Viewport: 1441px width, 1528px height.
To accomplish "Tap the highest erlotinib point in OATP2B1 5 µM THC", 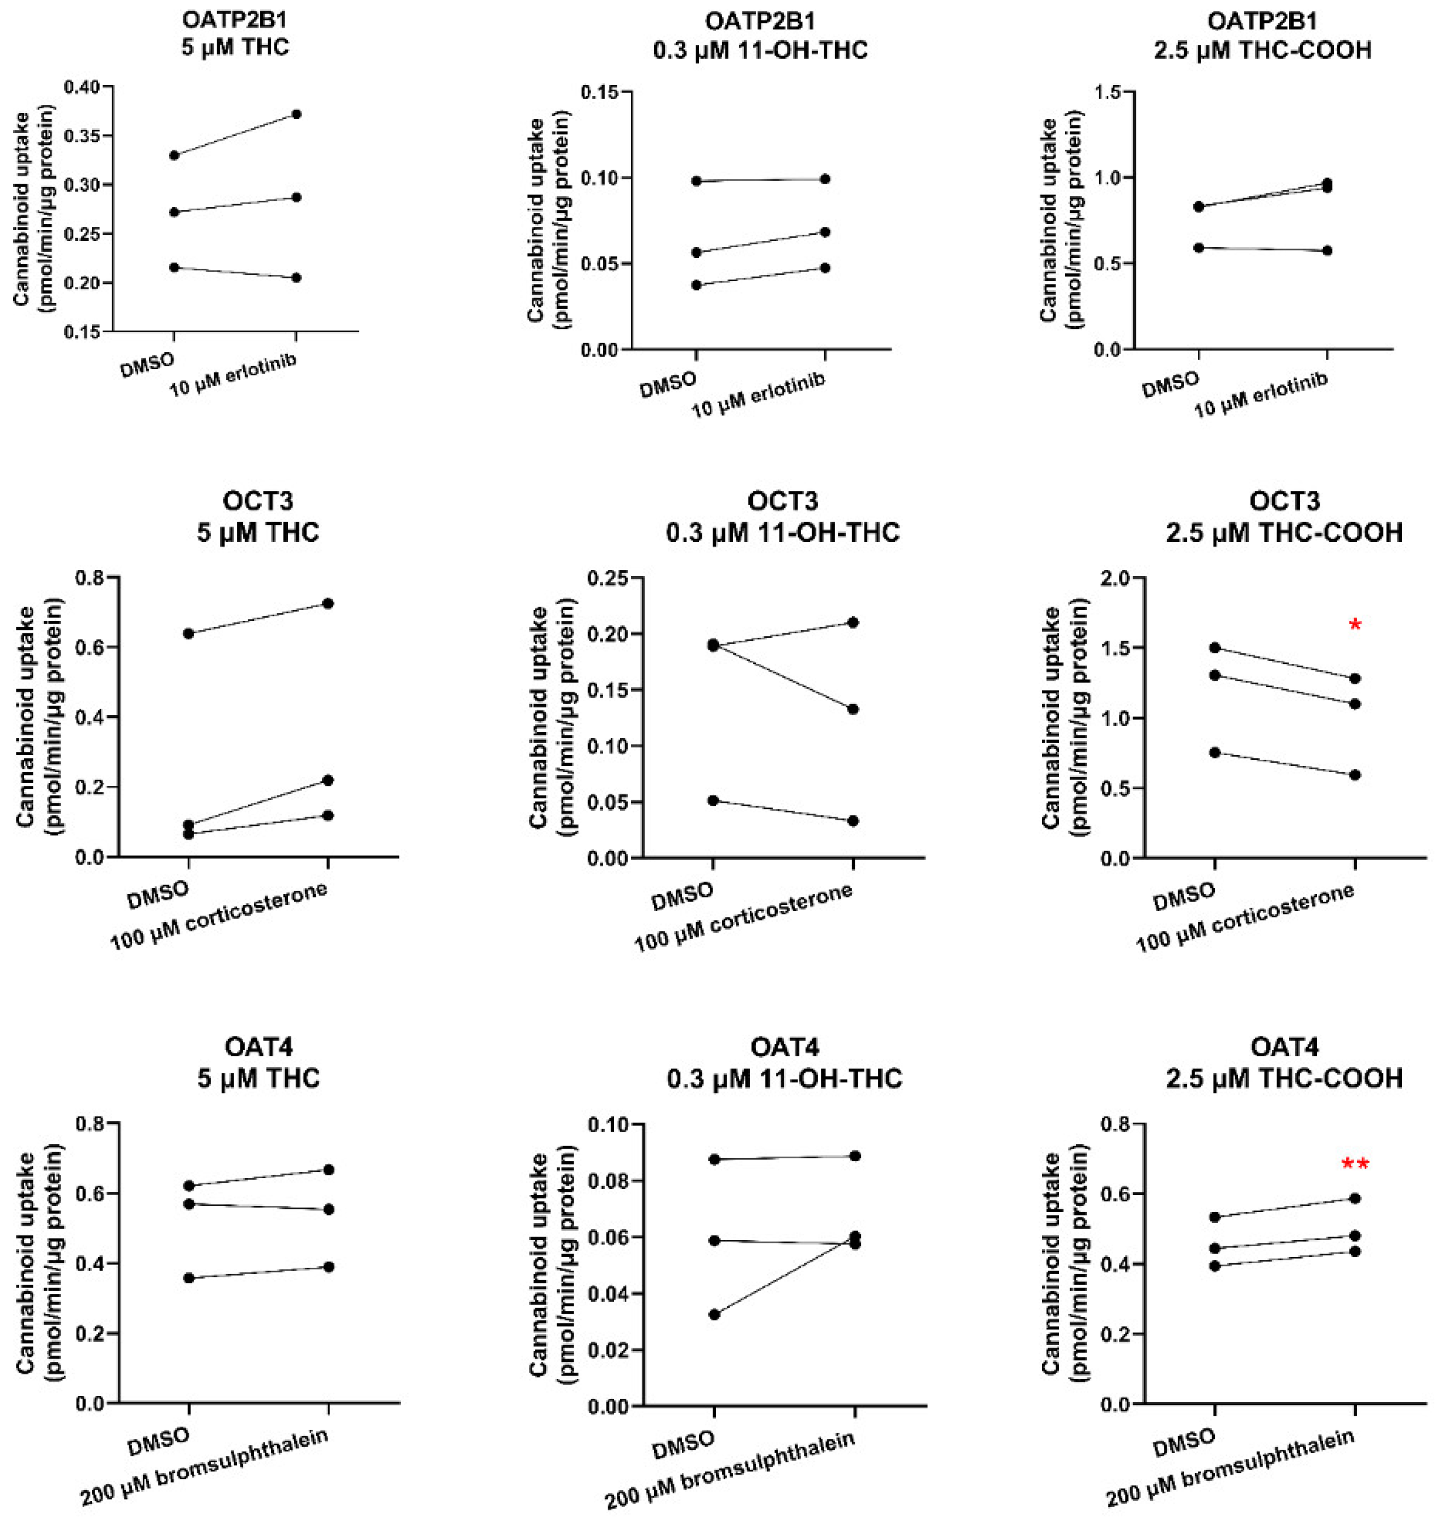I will pos(296,115).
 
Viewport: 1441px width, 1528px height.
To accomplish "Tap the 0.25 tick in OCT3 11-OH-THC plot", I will pos(607,578).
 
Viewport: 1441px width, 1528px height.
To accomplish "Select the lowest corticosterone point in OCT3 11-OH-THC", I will pos(854,821).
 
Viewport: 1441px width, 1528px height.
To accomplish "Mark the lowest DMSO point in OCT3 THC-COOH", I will pos(1215,752).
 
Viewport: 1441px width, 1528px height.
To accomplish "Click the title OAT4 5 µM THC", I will pos(258,1062).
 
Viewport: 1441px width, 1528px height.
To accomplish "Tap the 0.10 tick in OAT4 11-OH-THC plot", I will pos(607,1124).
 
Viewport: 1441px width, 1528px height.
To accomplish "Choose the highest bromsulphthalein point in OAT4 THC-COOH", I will pos(1355,1198).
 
